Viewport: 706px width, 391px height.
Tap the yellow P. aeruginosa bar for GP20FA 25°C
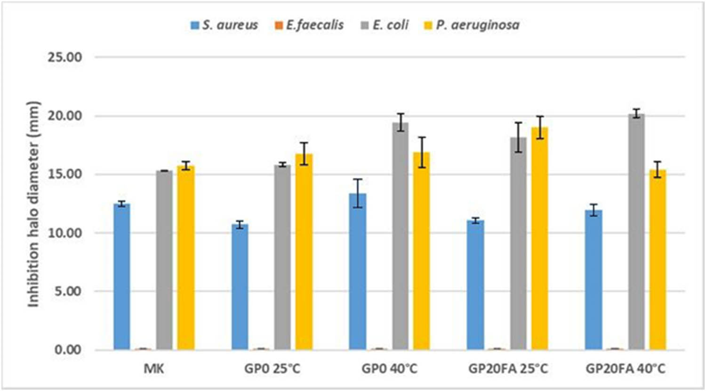click(x=540, y=238)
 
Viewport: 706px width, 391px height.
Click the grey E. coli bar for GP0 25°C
click(x=283, y=257)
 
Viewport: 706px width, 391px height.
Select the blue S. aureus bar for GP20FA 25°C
click(x=475, y=285)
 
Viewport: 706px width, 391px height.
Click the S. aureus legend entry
click(x=225, y=25)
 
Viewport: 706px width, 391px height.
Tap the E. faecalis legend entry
click(x=309, y=25)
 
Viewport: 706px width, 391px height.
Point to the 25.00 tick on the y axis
click(x=65, y=57)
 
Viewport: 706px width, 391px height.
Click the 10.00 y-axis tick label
click(x=65, y=233)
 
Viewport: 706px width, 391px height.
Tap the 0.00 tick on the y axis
click(x=68, y=350)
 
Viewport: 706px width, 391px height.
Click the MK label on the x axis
click(x=154, y=368)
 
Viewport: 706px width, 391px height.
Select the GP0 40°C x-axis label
click(x=389, y=368)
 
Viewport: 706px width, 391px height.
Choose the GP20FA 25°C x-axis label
click(x=508, y=368)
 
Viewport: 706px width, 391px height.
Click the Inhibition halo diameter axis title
click(x=33, y=204)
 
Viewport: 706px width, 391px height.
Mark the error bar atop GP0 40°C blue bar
click(x=358, y=193)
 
